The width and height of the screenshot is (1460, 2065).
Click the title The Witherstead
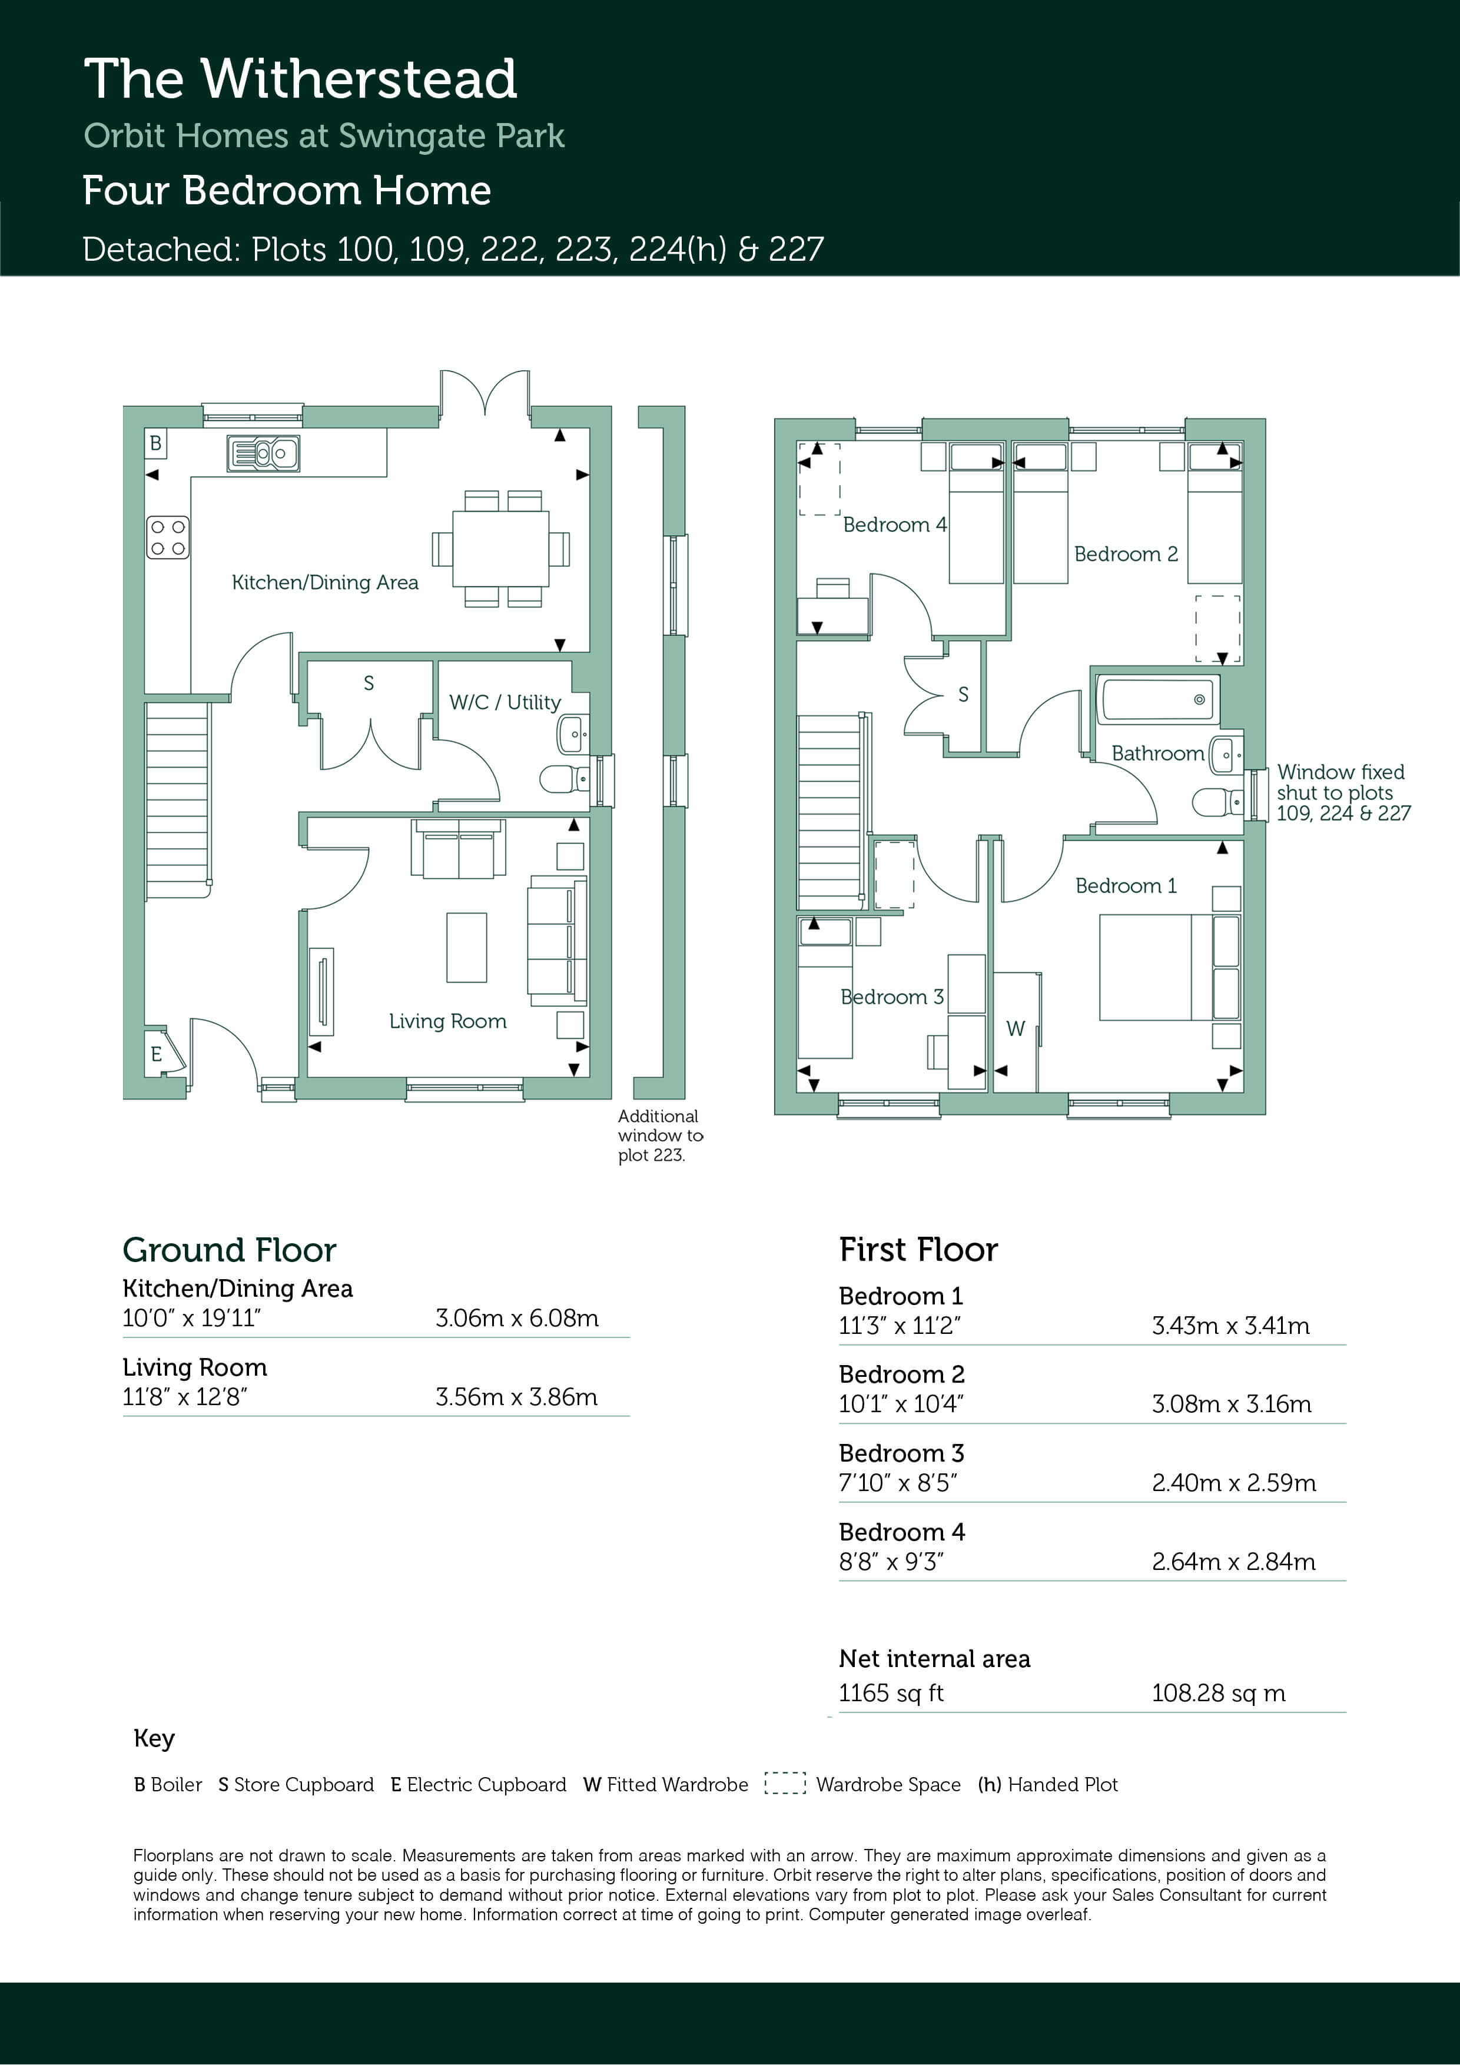tap(300, 78)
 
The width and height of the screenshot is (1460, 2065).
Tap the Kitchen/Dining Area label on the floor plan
tap(325, 582)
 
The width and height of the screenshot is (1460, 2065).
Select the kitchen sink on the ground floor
tap(263, 453)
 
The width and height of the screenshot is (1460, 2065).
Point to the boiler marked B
tap(155, 443)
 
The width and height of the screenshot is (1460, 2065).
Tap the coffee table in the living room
tap(466, 947)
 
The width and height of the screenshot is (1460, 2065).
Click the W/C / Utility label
tap(505, 702)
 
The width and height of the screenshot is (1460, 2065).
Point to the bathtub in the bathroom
tap(1157, 700)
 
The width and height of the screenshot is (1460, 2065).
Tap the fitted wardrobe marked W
tap(1017, 1031)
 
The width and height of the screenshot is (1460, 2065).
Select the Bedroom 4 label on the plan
tap(894, 524)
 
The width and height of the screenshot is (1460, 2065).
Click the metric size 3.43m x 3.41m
tap(1230, 1325)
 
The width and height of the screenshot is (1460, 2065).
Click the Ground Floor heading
tap(230, 1250)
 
